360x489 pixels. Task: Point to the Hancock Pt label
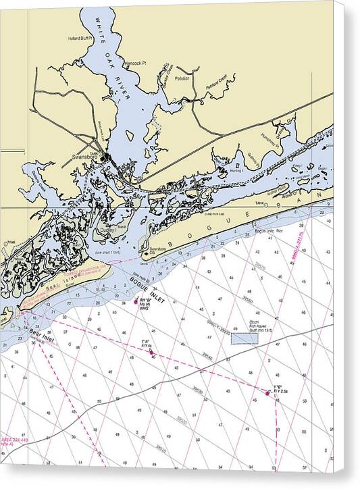coord(134,63)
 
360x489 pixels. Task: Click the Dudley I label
coord(107,230)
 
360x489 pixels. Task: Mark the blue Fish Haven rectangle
coord(245,338)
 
